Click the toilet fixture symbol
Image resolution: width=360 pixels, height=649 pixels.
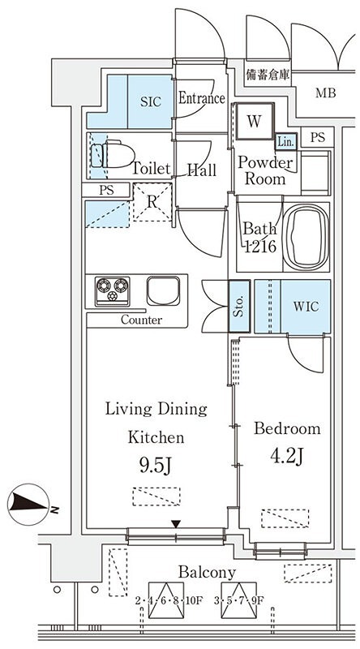pyautogui.click(x=113, y=156)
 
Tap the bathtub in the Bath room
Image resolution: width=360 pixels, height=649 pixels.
pyautogui.click(x=306, y=236)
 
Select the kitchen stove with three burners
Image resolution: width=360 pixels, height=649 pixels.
pyautogui.click(x=112, y=291)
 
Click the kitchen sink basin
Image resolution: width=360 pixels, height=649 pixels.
pyautogui.click(x=164, y=290)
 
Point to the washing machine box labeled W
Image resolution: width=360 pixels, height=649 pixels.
pyautogui.click(x=255, y=121)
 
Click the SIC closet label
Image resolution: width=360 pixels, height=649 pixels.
pyautogui.click(x=150, y=102)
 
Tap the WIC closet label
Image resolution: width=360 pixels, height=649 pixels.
pyautogui.click(x=306, y=307)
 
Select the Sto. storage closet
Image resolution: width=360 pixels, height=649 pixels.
pyautogui.click(x=239, y=307)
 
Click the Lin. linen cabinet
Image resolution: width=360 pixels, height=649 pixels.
pyautogui.click(x=286, y=142)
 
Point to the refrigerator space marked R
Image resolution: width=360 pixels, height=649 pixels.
pyautogui.click(x=152, y=202)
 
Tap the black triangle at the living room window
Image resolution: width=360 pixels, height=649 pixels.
pyautogui.click(x=176, y=524)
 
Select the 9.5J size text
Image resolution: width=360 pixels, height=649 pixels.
pyautogui.click(x=155, y=466)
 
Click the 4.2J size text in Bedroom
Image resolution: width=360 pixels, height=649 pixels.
pyautogui.click(x=287, y=456)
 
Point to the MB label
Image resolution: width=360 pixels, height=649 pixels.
pyautogui.click(x=326, y=93)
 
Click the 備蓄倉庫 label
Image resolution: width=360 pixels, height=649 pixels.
pyautogui.click(x=268, y=75)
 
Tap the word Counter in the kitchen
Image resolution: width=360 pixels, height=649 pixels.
pyautogui.click(x=142, y=320)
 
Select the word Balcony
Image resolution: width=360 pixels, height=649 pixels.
pyautogui.click(x=207, y=573)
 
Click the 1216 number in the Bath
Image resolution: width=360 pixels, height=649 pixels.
pyautogui.click(x=259, y=247)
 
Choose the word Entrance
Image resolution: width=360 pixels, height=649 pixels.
pyautogui.click(x=202, y=98)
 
